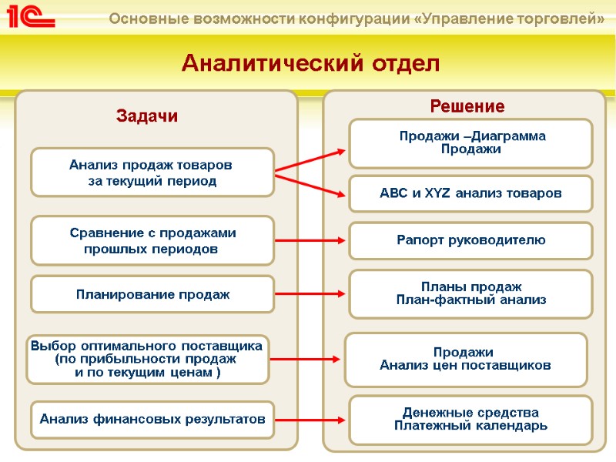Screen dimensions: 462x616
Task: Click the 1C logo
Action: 28,17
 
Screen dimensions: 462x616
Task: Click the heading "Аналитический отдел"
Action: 310,64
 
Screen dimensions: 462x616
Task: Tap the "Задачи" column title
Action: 147,116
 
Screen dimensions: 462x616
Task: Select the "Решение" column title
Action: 467,106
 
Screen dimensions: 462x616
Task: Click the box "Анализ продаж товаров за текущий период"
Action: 152,172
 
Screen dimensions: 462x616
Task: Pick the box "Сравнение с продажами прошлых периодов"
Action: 152,241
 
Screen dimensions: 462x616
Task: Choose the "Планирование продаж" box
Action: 152,294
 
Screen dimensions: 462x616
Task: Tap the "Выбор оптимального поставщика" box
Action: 147,360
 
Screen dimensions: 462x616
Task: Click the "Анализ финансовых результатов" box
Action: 152,420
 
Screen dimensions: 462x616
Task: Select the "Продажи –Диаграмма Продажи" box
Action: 471,143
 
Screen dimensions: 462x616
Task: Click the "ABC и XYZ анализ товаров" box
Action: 471,193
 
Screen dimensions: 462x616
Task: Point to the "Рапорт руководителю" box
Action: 471,240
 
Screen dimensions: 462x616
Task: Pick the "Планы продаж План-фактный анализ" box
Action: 471,293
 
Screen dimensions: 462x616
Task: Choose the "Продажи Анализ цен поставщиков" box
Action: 465,360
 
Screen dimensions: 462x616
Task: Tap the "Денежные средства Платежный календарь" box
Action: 471,420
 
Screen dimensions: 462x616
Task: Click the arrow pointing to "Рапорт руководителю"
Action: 311,241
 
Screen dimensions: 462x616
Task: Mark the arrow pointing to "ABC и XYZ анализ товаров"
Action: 311,187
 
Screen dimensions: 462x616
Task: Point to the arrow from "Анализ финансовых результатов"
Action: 311,420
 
